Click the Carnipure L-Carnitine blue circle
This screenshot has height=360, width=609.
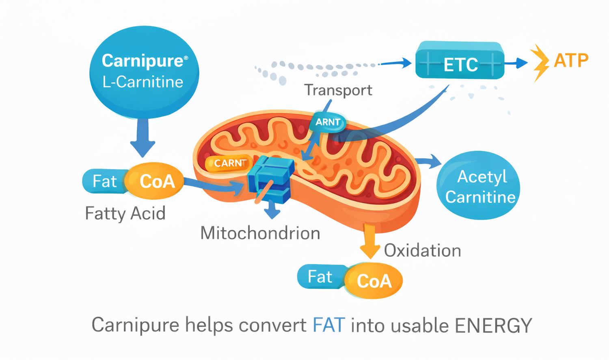(144, 72)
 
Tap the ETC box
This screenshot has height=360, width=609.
(460, 61)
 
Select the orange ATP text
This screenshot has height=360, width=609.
(571, 61)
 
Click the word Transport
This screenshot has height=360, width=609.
(338, 90)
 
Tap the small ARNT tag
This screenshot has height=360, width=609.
(328, 122)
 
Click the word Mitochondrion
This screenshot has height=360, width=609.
(260, 233)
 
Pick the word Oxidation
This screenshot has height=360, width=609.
(422, 251)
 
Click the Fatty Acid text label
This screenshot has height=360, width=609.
(125, 213)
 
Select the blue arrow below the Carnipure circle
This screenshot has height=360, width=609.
(143, 137)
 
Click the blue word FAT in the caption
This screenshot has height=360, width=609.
(329, 325)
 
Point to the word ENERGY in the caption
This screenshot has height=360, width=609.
(493, 325)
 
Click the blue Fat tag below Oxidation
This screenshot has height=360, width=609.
(321, 277)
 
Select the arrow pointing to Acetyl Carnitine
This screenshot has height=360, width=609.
(430, 161)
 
